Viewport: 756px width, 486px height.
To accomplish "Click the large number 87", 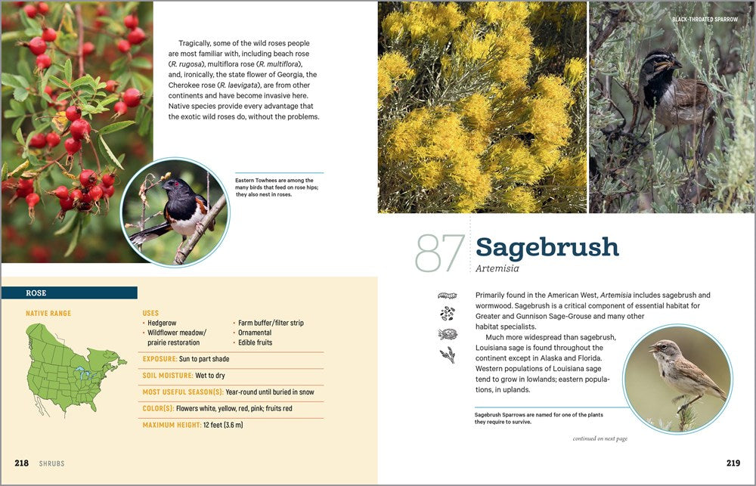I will tap(439, 252).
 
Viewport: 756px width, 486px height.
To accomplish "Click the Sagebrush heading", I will tap(547, 247).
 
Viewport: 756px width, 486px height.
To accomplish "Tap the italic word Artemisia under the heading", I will tap(497, 268).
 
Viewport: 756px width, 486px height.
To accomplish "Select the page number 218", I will tap(21, 463).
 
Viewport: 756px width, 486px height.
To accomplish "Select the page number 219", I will tap(733, 463).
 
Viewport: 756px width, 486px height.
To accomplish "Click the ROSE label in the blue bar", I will tap(36, 293).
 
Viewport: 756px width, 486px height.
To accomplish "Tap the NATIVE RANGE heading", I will tap(48, 313).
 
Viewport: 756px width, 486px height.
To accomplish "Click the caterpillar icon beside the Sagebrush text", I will tap(448, 295).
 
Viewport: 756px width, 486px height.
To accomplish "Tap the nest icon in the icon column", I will tap(448, 333).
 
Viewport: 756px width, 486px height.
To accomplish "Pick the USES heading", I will tap(150, 313).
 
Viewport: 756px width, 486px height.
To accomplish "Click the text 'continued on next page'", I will tap(600, 438).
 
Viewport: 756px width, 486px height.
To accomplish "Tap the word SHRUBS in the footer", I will tap(51, 463).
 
